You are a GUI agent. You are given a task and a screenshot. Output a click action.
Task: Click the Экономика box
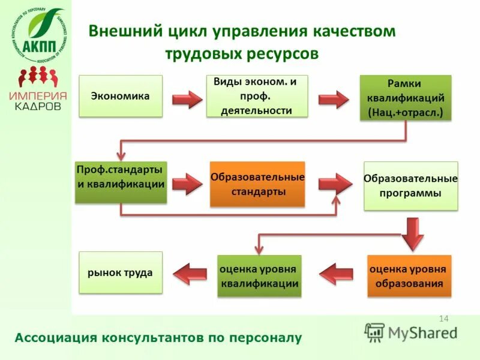(121, 96)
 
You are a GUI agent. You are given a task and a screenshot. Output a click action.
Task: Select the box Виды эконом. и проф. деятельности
(257, 96)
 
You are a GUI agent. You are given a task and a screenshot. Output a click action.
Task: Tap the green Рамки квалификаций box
(405, 97)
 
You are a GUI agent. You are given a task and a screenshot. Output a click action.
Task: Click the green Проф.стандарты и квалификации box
(121, 182)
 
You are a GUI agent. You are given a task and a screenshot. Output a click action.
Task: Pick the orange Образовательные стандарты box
(257, 184)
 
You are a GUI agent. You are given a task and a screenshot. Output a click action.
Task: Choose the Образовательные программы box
(410, 186)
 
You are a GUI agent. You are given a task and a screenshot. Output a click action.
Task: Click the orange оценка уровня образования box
(409, 276)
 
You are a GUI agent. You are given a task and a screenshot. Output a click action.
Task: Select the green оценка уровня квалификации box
(259, 276)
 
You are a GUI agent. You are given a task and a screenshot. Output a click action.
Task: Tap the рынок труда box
(121, 272)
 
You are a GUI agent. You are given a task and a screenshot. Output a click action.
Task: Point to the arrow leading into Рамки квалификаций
(334, 99)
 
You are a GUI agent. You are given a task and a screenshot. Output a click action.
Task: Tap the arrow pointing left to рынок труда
(190, 274)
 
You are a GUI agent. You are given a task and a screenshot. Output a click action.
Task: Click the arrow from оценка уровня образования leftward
(336, 274)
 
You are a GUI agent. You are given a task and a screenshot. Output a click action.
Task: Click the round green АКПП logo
(38, 36)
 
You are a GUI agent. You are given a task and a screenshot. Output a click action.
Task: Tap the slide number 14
(444, 318)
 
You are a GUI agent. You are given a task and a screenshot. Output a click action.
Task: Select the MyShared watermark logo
(410, 332)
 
